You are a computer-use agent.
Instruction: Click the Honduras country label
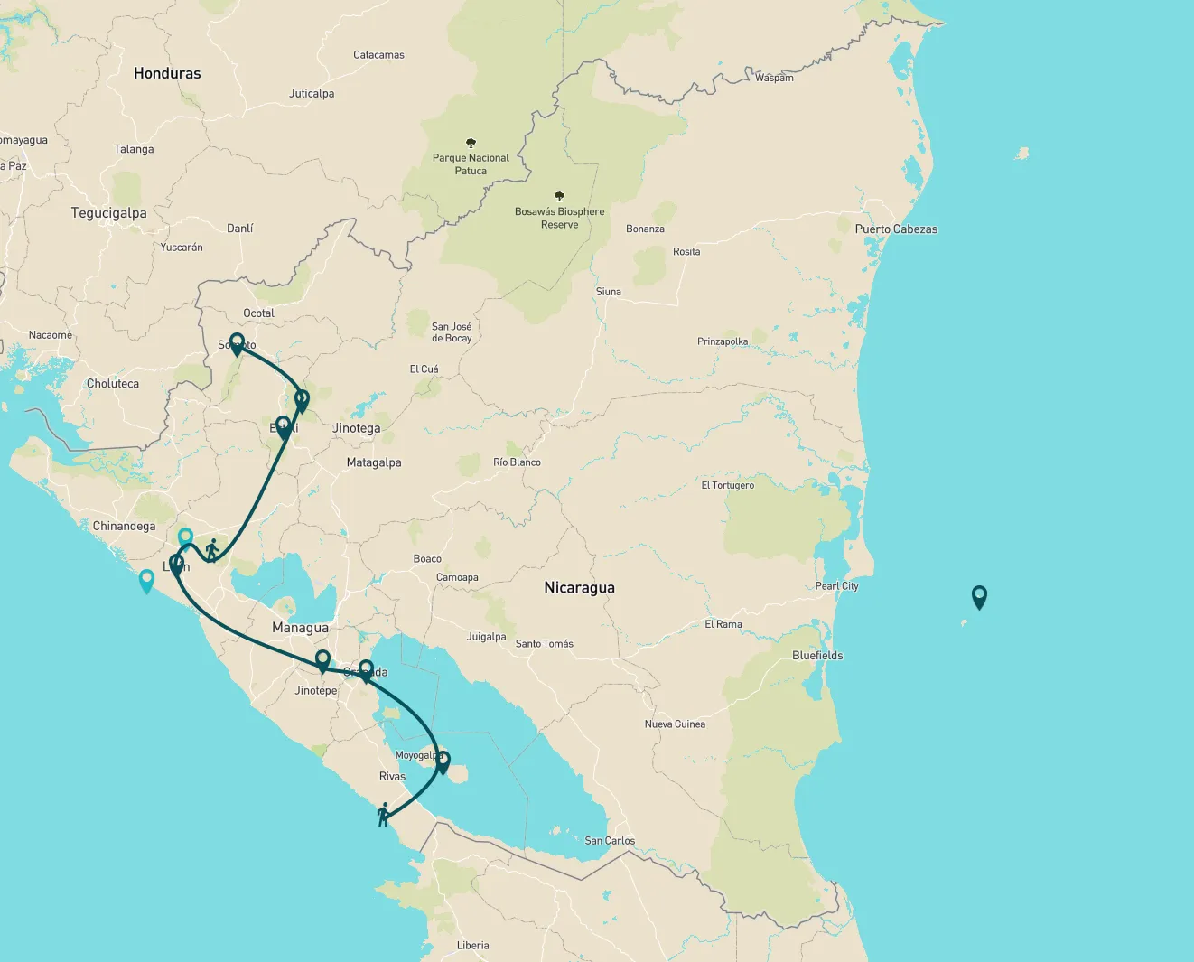coord(167,73)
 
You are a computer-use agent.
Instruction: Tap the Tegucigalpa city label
coord(108,213)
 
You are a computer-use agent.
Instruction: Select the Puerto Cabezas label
coord(896,229)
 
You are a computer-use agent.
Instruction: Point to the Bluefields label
coord(817,656)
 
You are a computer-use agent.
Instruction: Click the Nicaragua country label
coord(579,587)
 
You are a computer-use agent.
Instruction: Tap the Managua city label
coord(300,628)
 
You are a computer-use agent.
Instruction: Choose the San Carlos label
coord(610,841)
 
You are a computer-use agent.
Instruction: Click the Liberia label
coord(472,946)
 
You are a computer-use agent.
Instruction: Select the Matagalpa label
coord(374,462)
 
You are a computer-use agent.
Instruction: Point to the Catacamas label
coord(378,55)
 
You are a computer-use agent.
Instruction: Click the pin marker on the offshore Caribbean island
coord(979,596)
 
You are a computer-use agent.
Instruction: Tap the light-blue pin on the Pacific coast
coord(146,580)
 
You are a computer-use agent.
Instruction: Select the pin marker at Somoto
coord(237,343)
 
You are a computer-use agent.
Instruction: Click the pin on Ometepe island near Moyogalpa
coord(443,761)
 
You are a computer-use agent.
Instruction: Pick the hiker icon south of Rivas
coord(384,814)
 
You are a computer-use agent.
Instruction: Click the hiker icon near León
coord(212,549)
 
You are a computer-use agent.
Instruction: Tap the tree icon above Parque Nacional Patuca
coord(471,143)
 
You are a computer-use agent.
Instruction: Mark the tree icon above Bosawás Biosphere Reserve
coord(559,196)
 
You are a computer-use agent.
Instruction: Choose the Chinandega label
coord(124,526)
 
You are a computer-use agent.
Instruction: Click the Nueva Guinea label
coord(675,724)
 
